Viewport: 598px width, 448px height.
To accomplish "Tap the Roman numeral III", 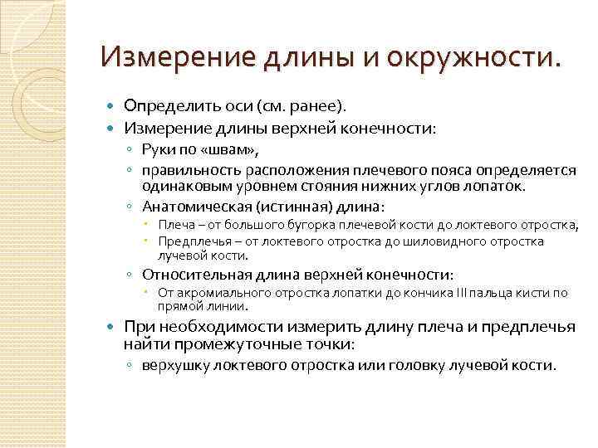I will click(463, 293).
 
